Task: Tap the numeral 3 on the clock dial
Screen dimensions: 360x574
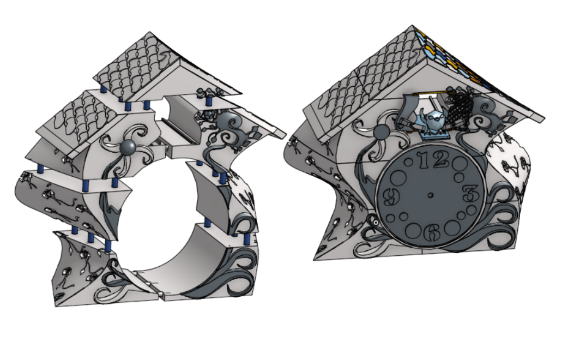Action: tap(469, 193)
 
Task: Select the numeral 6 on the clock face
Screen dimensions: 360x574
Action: tap(431, 232)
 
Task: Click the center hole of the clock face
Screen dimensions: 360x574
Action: tap(430, 195)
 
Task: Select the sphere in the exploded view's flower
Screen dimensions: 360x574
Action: tap(129, 148)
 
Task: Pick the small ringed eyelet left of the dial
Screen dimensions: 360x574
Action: tap(376, 222)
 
